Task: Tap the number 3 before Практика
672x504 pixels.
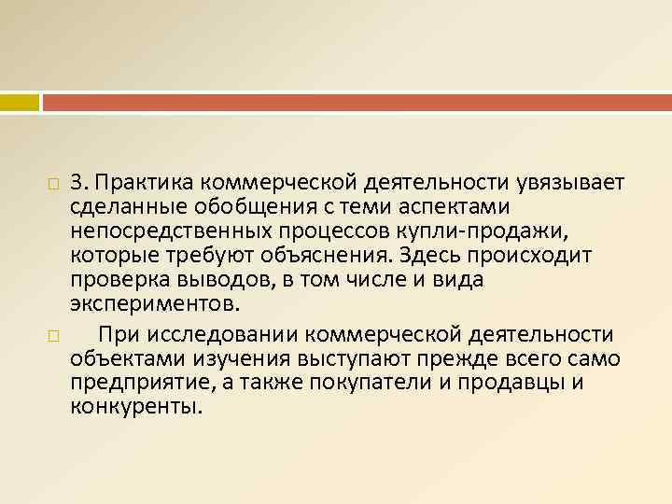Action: pyautogui.click(x=76, y=178)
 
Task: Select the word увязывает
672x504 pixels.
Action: pyautogui.click(x=555, y=178)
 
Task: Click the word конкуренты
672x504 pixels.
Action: pyautogui.click(x=134, y=409)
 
